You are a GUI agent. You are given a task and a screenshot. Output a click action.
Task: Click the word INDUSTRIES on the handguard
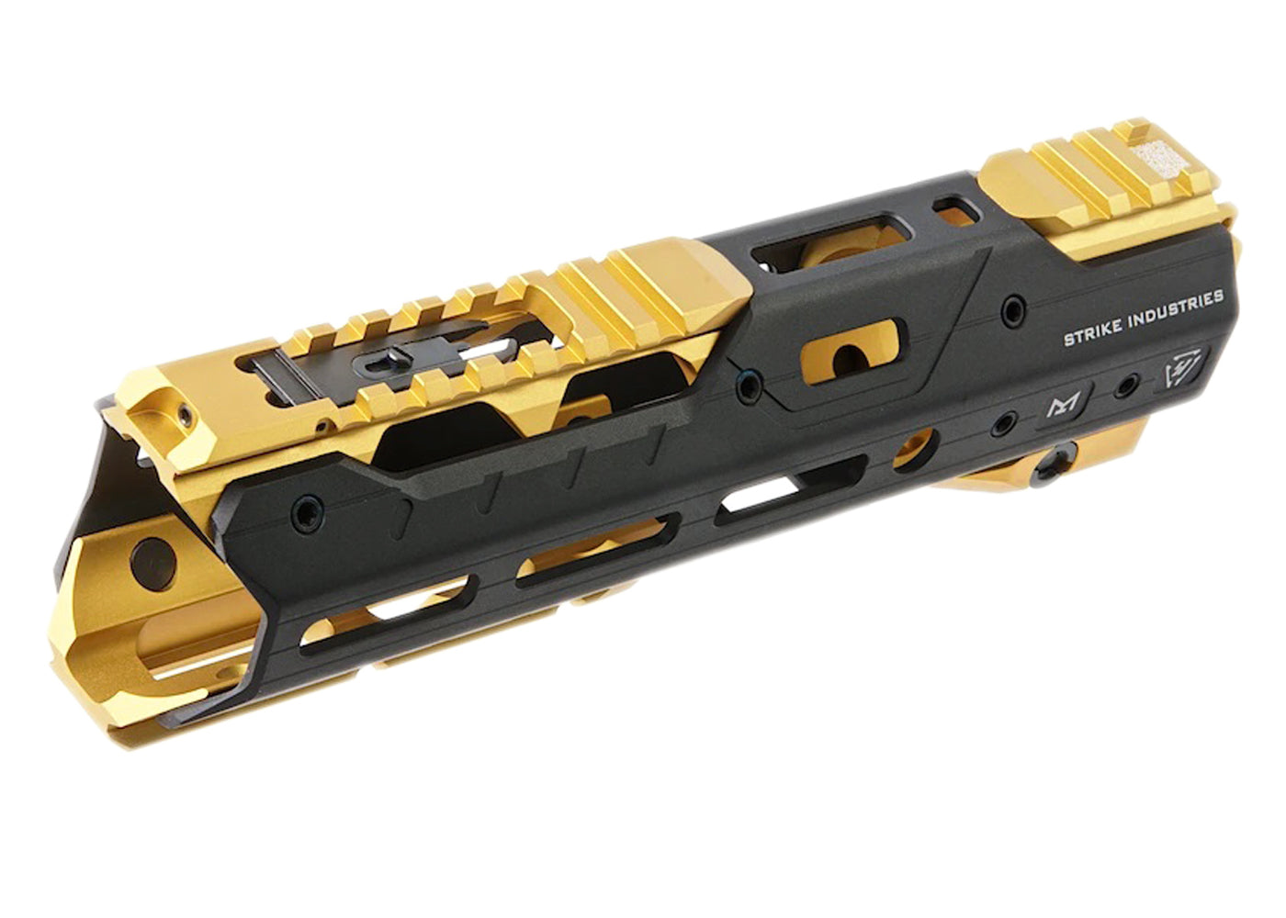pos(1177,308)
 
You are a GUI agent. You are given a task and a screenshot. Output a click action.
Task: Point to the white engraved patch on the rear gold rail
pos(1156,158)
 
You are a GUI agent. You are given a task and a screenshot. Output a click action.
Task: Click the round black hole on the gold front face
pos(152,564)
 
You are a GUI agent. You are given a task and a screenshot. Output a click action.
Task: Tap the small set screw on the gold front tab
pos(186,414)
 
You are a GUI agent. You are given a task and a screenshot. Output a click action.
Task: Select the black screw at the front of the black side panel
pos(307,514)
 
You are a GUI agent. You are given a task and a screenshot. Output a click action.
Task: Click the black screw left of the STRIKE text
pos(1014,310)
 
